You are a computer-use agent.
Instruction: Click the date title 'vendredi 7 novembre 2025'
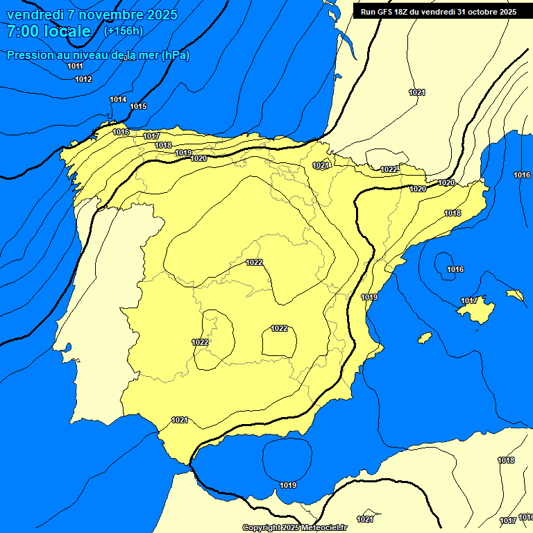(x=92, y=15)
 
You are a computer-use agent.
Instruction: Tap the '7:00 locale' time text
(x=49, y=31)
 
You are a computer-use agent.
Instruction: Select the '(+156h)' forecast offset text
(x=123, y=31)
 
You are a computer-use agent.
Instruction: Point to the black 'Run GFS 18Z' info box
(x=439, y=11)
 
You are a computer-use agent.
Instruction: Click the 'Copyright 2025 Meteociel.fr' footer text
(x=294, y=528)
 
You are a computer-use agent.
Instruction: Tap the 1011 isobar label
(x=75, y=66)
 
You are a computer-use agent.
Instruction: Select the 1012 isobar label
(x=83, y=80)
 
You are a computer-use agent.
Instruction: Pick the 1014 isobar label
(x=118, y=100)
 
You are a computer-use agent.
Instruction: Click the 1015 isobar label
(x=138, y=106)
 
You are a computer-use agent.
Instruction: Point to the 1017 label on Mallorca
(x=469, y=301)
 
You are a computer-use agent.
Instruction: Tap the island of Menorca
(x=514, y=295)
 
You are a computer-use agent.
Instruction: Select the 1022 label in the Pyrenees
(x=389, y=170)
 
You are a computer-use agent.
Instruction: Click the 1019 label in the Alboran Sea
(x=288, y=485)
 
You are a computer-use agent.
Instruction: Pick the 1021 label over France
(x=417, y=92)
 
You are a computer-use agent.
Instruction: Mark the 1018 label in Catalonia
(x=452, y=213)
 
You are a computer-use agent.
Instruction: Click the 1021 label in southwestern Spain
(x=180, y=420)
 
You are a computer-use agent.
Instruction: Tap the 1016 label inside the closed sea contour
(x=455, y=269)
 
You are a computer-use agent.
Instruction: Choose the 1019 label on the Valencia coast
(x=369, y=297)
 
